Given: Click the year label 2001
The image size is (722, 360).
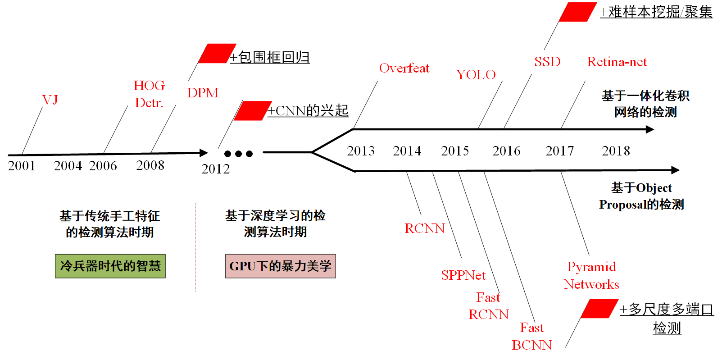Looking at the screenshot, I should coord(22,166).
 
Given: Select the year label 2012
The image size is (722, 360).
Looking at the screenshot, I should coord(215,169).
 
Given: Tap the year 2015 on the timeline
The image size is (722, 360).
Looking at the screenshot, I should coord(455,151).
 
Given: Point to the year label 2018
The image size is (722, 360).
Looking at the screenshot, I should coord(616,151).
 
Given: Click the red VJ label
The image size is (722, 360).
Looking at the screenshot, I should coord(50,100).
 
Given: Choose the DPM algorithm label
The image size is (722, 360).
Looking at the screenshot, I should coord(203,93).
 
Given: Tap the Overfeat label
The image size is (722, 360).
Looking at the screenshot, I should coord(404,68).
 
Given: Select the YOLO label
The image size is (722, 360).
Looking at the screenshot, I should coord(476,75).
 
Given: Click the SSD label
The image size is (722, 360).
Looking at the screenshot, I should coord(547,62).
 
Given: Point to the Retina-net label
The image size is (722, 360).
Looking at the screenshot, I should coord(617,62).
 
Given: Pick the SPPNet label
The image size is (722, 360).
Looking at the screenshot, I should coord(463,275).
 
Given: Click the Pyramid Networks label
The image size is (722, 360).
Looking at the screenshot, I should coord(591,275).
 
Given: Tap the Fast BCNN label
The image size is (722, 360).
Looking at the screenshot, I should coord(532,336).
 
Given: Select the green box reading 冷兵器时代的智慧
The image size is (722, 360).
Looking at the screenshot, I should coord(110,266).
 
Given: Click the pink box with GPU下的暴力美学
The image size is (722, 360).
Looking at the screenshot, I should coord(280,266).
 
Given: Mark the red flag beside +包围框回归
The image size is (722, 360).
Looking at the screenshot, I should coord(217,54).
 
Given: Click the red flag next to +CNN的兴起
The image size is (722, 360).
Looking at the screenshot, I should coord(253,111).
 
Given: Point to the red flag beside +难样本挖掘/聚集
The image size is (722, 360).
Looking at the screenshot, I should coord(578,12).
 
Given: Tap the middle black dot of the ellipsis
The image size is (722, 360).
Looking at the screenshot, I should coord(238,154).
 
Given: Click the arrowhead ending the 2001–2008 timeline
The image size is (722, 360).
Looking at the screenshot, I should coord(204,153).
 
